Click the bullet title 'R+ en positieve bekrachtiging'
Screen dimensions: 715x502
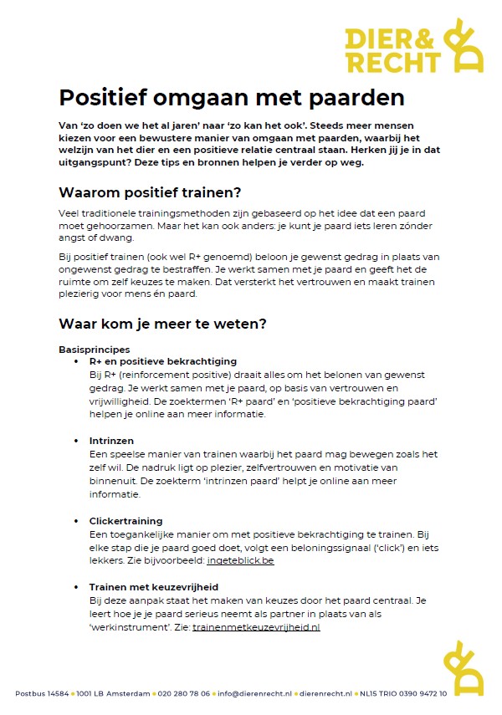[x=163, y=361]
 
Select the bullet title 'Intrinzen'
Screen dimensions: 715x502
[x=111, y=441]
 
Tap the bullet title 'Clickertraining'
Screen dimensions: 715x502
[x=126, y=521]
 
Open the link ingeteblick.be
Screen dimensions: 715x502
[x=240, y=561]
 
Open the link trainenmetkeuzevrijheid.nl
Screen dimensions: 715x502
[x=256, y=626]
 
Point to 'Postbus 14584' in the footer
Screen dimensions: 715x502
[x=41, y=693]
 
